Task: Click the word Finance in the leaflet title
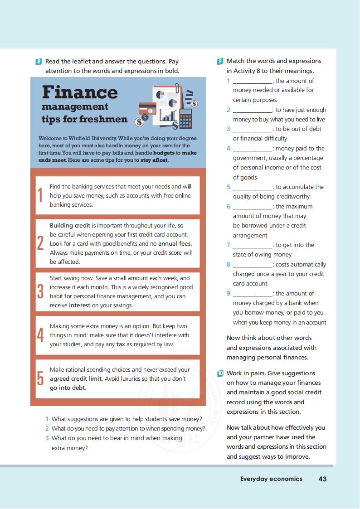click(x=80, y=92)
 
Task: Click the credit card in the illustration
click(x=147, y=109)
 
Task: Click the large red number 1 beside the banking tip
click(x=40, y=195)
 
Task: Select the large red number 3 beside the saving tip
click(x=40, y=291)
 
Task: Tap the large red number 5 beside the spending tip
click(x=40, y=379)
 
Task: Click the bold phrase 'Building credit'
click(x=70, y=225)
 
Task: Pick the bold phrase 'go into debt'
click(x=68, y=388)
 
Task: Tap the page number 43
click(x=322, y=479)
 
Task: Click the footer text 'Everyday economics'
click(x=271, y=479)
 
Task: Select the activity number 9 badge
click(x=220, y=61)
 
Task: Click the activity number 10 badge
click(x=220, y=373)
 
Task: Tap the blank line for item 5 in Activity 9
click(x=253, y=188)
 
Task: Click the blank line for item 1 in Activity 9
click(x=253, y=82)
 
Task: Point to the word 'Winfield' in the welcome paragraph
click(x=80, y=138)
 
